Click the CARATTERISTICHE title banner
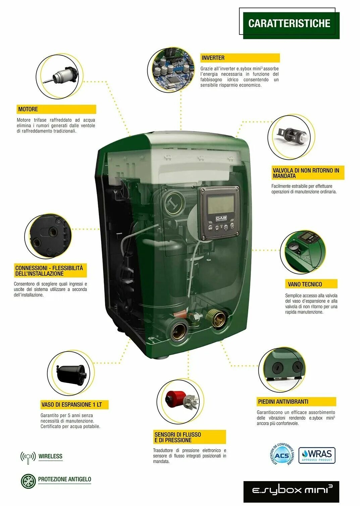coord(289,24)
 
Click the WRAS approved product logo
coord(317,455)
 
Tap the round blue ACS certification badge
coord(282,455)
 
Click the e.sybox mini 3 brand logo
coord(291,491)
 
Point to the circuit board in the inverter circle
coord(171,70)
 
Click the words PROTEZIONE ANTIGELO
coord(64,479)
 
